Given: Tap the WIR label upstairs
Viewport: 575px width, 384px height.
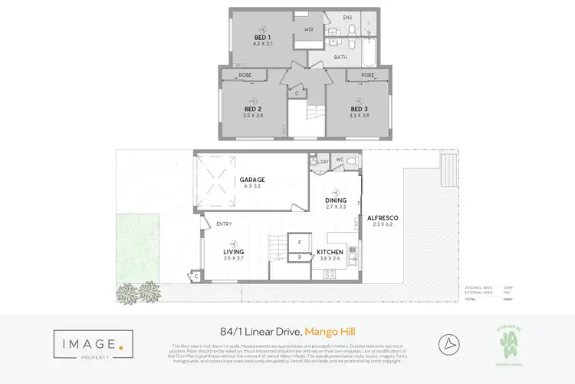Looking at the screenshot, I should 308,29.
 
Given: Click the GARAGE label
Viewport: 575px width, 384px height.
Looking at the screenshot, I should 251,180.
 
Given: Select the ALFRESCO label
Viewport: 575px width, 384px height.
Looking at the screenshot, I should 383,217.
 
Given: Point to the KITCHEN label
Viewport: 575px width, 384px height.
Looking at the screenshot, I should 331,252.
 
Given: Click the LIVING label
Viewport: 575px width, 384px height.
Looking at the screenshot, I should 234,252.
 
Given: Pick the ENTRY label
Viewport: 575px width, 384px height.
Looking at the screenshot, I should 224,223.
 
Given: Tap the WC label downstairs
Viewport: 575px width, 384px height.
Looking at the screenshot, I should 339,161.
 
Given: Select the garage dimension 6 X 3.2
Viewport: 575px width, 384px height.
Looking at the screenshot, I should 251,187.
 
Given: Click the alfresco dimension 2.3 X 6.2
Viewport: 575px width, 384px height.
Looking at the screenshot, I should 383,224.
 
